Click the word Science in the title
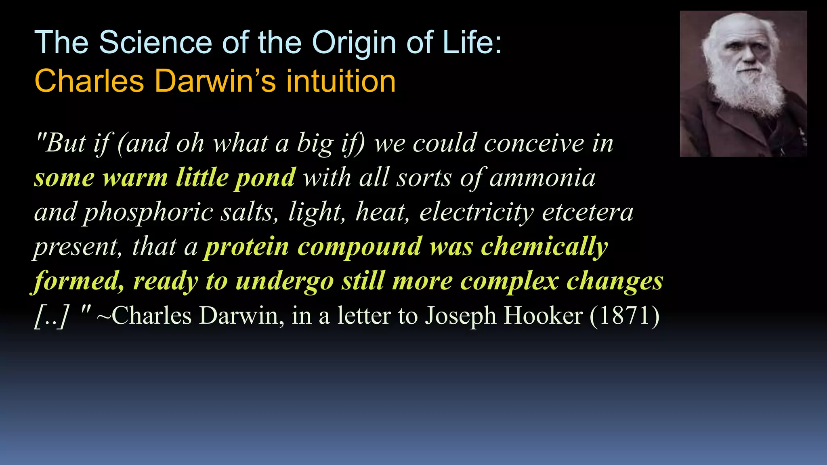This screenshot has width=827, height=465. tap(155, 42)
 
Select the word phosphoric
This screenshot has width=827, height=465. tap(147, 213)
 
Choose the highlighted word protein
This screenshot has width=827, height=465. tap(247, 247)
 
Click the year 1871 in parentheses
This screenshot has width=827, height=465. tap(624, 316)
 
